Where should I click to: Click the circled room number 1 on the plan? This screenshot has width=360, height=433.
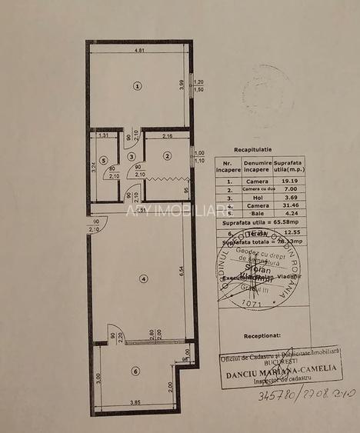coord(137,85)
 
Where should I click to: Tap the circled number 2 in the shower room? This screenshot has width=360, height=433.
coord(166,156)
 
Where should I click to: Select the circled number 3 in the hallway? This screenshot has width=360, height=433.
coord(132,156)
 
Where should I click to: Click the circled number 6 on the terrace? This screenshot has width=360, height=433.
coord(135,371)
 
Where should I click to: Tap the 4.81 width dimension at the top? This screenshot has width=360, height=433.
coord(140,52)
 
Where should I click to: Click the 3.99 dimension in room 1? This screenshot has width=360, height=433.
coord(182,85)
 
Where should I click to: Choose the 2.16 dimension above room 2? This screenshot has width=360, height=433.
coord(168,136)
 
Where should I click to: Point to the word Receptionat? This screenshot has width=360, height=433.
coord(262,336)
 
